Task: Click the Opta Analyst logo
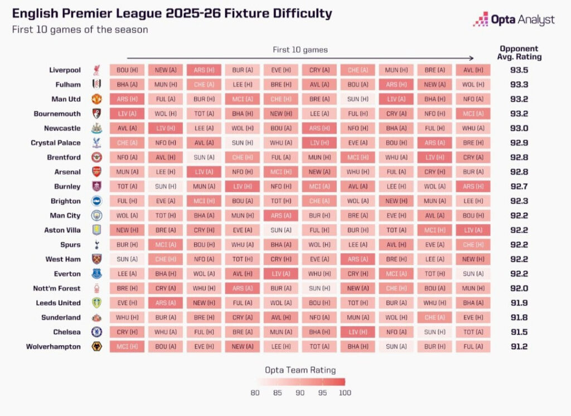(514, 20)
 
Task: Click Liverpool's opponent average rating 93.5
(519, 70)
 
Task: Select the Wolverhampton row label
(53, 346)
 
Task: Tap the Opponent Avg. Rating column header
(520, 53)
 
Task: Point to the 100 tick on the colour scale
(345, 393)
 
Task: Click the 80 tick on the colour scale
(255, 393)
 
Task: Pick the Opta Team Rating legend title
(300, 370)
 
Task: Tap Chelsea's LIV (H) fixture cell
(357, 332)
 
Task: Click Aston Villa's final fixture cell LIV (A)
(473, 230)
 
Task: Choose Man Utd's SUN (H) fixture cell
(357, 99)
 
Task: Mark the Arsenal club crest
(97, 172)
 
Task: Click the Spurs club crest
(97, 245)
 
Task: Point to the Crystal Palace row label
(56, 143)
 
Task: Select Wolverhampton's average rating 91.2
(519, 346)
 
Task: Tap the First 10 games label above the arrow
(300, 50)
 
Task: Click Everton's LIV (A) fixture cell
(280, 274)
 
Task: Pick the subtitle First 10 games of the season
(80, 30)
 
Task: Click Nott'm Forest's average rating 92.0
(519, 288)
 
